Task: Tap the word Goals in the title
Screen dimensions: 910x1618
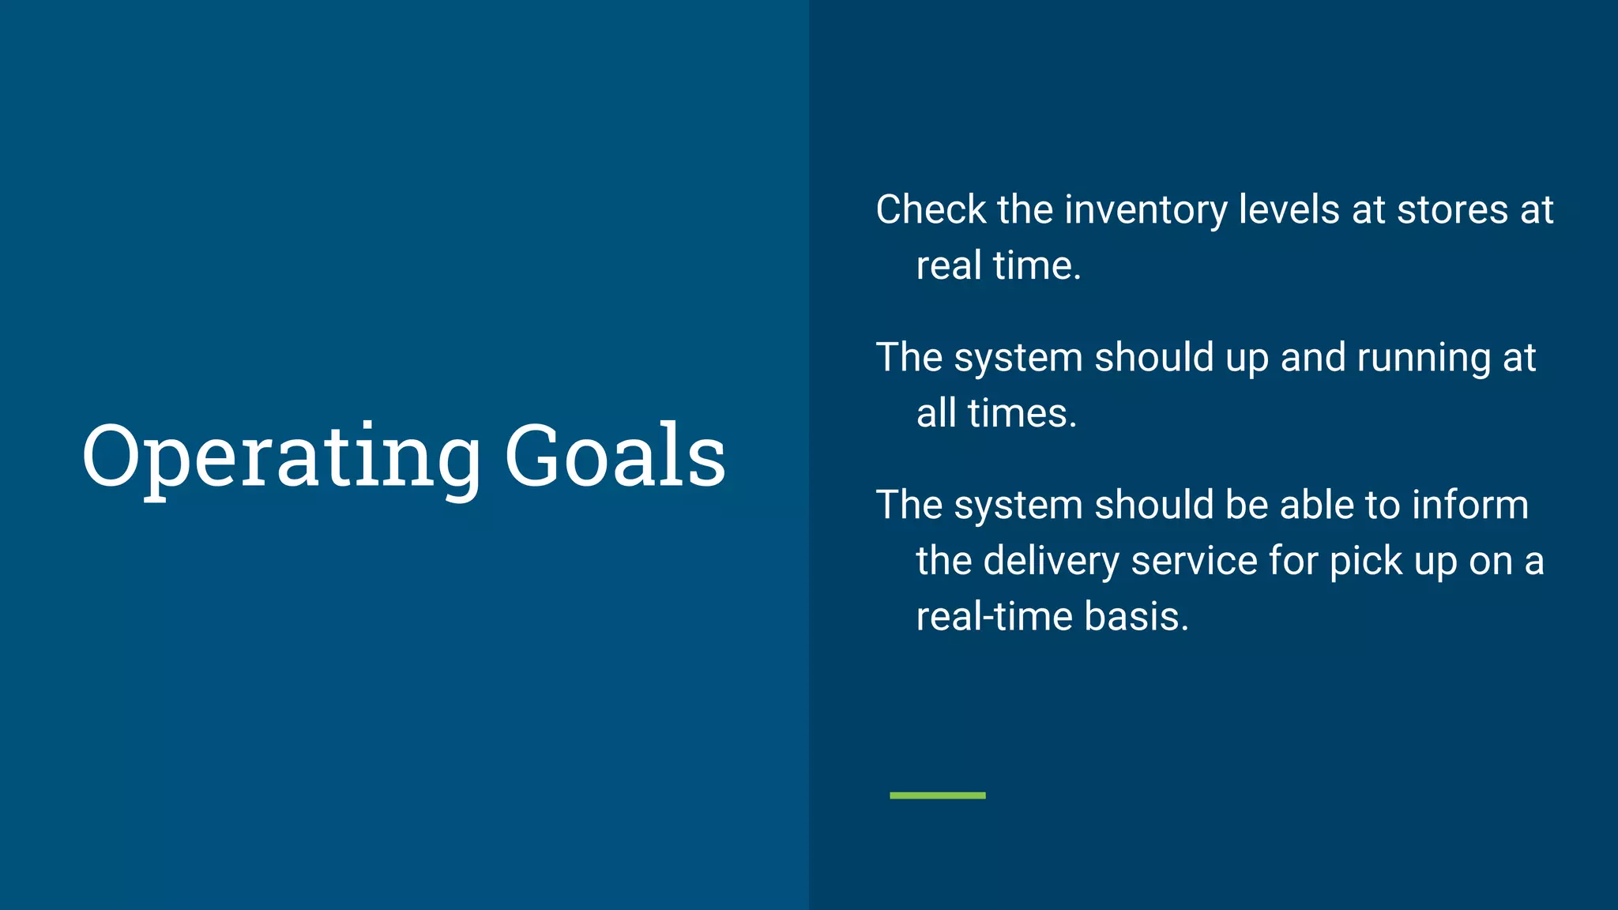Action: point(615,456)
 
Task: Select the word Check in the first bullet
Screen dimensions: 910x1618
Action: point(931,210)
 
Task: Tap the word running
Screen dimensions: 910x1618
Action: point(1424,358)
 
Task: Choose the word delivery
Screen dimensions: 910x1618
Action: point(1052,562)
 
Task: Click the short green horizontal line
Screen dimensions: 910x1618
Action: point(937,795)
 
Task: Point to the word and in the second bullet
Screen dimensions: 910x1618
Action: point(1312,358)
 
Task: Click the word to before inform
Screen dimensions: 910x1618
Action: point(1382,506)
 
